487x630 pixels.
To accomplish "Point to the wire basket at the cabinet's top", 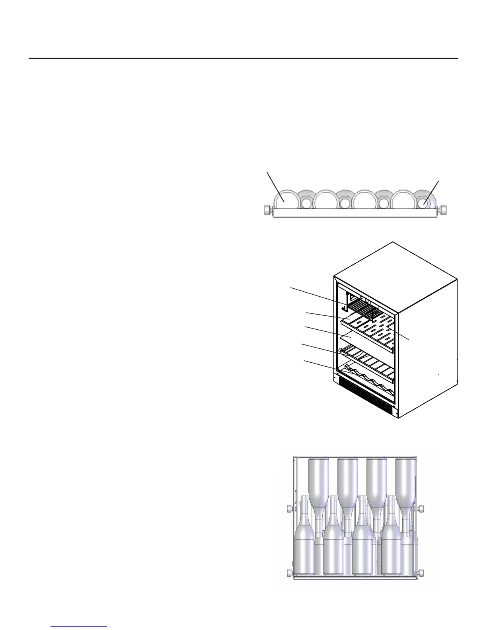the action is [362, 312].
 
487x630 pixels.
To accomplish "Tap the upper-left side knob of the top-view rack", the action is [290, 509].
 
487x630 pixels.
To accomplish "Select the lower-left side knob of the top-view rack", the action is [290, 573].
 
